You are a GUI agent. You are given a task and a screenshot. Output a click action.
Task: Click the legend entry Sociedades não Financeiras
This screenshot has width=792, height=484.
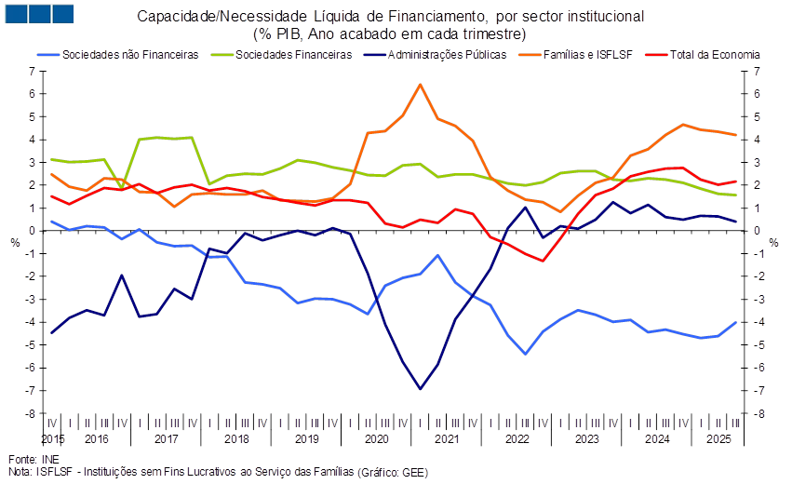(x=130, y=55)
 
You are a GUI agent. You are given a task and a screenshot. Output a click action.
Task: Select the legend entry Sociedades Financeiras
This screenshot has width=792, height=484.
(x=294, y=55)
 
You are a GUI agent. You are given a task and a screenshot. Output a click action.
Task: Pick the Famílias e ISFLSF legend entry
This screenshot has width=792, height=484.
(x=585, y=55)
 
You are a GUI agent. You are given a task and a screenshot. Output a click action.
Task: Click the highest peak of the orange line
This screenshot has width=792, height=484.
(x=421, y=85)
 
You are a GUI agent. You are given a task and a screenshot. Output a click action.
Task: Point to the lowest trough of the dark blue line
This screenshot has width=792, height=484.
(x=421, y=389)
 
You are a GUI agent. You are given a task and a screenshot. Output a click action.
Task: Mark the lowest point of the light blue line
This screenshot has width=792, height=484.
(x=526, y=354)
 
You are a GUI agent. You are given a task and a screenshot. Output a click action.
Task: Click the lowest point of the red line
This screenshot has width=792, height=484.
(x=544, y=261)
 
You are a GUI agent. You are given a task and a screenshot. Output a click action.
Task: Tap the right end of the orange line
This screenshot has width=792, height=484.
(x=737, y=135)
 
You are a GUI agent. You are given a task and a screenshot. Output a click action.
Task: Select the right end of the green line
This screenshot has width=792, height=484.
(x=737, y=195)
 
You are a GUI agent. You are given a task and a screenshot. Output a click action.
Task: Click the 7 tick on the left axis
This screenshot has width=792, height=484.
(x=33, y=72)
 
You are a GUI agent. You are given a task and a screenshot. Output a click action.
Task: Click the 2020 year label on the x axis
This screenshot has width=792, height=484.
(x=377, y=437)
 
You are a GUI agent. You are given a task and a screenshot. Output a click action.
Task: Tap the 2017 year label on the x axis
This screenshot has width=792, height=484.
(x=166, y=437)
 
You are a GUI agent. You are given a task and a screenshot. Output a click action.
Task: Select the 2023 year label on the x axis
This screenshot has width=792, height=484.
(x=587, y=437)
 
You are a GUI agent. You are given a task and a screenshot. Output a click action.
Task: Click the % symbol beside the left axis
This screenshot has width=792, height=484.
(x=15, y=243)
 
